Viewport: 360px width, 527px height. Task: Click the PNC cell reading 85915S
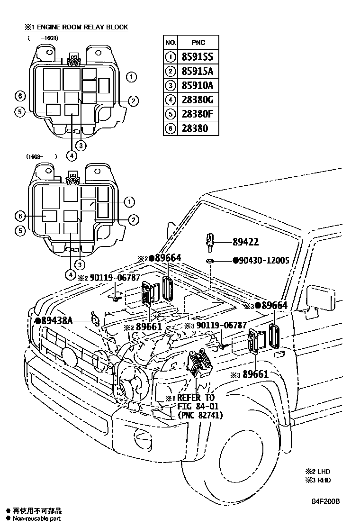tap(197, 57)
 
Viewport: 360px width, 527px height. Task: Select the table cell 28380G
tap(197, 100)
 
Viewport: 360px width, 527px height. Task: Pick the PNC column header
tap(196, 43)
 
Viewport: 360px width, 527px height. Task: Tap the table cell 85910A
tap(197, 86)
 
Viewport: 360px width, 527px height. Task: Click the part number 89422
tap(245, 242)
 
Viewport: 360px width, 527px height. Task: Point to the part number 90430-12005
tap(261, 261)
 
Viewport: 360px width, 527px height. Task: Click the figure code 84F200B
tap(325, 501)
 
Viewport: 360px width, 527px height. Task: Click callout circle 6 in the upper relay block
tap(19, 96)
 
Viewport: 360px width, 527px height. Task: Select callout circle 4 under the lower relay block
tap(70, 274)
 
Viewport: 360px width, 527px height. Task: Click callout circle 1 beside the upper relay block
tap(131, 77)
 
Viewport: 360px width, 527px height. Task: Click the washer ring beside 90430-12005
tap(210, 261)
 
